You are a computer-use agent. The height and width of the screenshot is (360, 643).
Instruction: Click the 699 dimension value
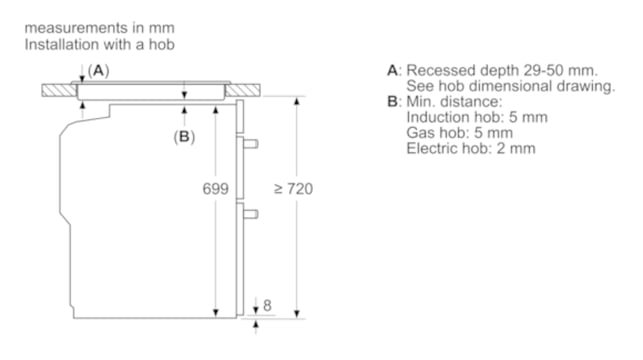click(x=215, y=189)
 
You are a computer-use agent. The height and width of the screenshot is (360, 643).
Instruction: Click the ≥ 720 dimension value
click(x=293, y=189)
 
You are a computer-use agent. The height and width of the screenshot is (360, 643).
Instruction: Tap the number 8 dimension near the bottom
click(x=267, y=305)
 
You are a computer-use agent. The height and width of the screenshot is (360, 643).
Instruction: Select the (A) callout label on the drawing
click(x=98, y=71)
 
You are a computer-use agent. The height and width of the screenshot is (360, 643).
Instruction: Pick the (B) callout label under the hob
click(x=184, y=137)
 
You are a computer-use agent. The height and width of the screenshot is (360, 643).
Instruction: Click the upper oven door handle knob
click(x=251, y=144)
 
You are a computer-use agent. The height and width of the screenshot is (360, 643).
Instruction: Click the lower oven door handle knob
click(x=251, y=214)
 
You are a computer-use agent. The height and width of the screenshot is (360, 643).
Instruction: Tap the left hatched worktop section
click(x=59, y=90)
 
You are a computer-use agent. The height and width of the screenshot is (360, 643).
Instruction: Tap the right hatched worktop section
click(x=242, y=90)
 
